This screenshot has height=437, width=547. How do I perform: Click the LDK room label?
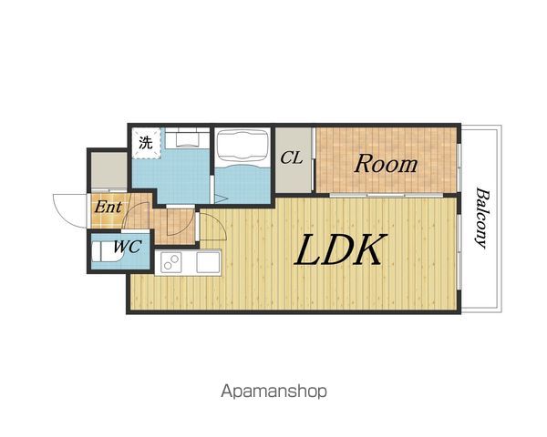point(341,249)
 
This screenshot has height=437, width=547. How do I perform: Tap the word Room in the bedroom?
point(386,164)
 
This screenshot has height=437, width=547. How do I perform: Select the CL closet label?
point(292,158)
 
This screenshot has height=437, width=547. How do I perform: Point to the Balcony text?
point(481,218)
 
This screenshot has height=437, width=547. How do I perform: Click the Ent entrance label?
point(108,208)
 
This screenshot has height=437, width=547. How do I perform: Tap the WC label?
point(128,247)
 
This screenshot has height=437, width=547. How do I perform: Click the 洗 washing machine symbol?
point(146,143)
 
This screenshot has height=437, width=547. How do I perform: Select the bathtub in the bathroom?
point(243,149)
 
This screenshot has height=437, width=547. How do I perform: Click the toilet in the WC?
point(106,251)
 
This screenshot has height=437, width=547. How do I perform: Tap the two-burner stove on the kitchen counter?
point(171,262)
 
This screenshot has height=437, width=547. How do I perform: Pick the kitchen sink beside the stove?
point(208,262)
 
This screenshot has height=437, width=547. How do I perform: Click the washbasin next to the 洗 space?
point(187,137)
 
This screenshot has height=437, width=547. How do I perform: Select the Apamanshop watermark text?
point(273,391)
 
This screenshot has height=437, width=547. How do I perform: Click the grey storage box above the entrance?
point(109,170)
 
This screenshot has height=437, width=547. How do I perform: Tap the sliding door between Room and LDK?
point(387,195)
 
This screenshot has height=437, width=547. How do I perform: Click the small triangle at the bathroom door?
point(220,199)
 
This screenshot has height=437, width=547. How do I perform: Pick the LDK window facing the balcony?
point(459,252)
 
